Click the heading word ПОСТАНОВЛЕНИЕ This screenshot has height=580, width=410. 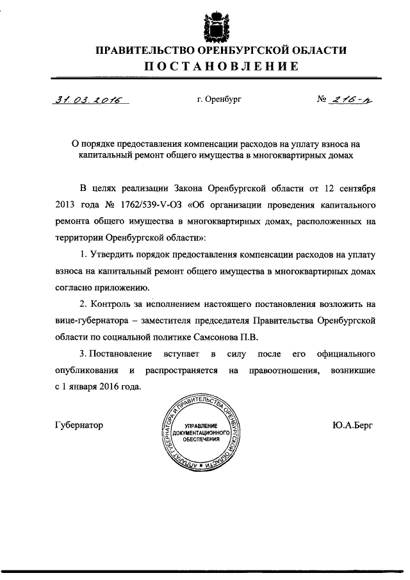click(x=220, y=67)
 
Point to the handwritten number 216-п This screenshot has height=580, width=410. click(x=350, y=100)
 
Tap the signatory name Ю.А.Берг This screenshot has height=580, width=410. click(x=352, y=424)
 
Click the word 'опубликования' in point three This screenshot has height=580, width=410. click(x=83, y=370)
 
